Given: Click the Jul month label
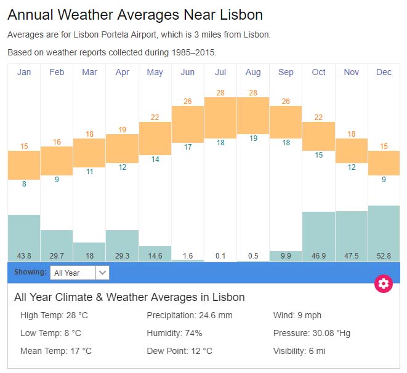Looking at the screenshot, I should coord(220,72).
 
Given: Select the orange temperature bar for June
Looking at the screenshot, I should coord(188,124).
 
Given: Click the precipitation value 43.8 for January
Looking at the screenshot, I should coord(24,255).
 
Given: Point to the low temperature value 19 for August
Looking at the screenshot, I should coord(253,138).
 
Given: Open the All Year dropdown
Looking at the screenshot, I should coord(79,273).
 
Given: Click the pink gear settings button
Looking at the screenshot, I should coord(384,283).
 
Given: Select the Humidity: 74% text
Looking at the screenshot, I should coord(174,333).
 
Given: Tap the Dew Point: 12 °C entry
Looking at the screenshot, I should coord(179,351).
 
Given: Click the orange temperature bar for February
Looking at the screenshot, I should coord(57,161).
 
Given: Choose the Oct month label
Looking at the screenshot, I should coord(318,72).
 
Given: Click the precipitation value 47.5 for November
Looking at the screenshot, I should coord(351,255).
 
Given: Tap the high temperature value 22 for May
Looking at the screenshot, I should coord(155,118).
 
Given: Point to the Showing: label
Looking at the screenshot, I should coord(30,272).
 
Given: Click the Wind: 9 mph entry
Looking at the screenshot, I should coord(297,316).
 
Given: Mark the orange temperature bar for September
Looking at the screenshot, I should coord(286,122).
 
